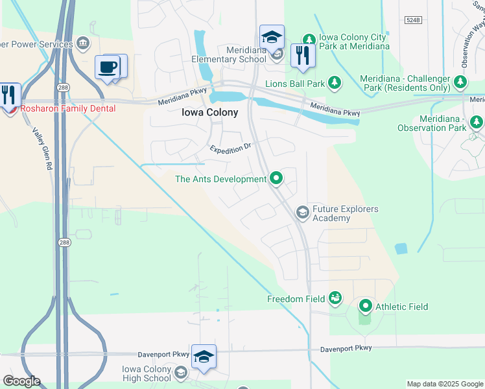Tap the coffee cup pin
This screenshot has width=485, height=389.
(x=108, y=67)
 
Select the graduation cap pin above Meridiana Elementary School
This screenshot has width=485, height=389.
(x=272, y=37)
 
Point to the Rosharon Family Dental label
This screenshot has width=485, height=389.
(x=68, y=109)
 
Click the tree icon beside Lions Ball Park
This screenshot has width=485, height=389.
(x=335, y=82)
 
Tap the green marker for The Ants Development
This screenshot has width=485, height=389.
(x=276, y=178)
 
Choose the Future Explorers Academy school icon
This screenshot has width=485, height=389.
(x=302, y=212)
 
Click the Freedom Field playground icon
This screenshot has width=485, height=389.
(x=335, y=298)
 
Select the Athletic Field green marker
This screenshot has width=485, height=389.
(x=366, y=306)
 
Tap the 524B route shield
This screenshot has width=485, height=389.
(x=413, y=20)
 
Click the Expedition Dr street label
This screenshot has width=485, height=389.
(x=230, y=149)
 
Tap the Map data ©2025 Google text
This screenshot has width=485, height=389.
(x=444, y=384)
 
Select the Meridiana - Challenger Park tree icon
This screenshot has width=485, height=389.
(x=461, y=82)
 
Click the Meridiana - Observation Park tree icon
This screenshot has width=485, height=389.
(x=477, y=122)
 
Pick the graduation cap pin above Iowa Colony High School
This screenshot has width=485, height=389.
(x=204, y=357)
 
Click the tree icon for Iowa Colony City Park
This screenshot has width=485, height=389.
(x=309, y=40)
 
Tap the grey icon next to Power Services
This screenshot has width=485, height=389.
(x=82, y=43)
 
